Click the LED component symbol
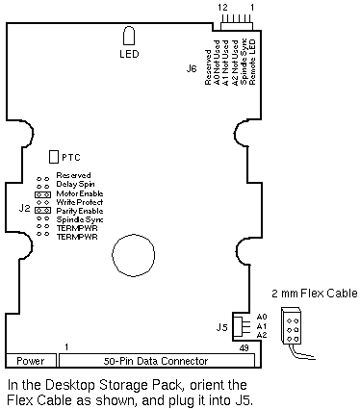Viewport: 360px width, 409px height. [129, 36]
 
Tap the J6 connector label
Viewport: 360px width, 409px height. [192, 68]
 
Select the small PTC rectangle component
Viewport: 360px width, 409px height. [54, 157]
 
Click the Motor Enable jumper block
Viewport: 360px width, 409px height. [42, 194]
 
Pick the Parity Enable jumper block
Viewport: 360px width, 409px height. [42, 211]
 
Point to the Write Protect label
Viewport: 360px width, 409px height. [80, 202]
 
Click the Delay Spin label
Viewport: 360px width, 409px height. [75, 184]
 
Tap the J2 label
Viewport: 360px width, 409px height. [24, 208]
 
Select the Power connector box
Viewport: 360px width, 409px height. [31, 361]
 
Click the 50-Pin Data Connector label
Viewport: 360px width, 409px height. [156, 361]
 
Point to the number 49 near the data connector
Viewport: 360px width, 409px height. [244, 348]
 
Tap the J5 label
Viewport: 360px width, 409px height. [221, 327]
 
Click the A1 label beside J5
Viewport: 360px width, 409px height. [262, 326]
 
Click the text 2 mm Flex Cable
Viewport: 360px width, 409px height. [315, 294]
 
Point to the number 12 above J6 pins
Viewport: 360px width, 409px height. [222, 7]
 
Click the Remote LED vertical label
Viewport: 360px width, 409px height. [252, 62]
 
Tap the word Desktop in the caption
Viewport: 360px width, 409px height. [71, 385]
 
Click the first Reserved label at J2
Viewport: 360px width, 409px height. [73, 175]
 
